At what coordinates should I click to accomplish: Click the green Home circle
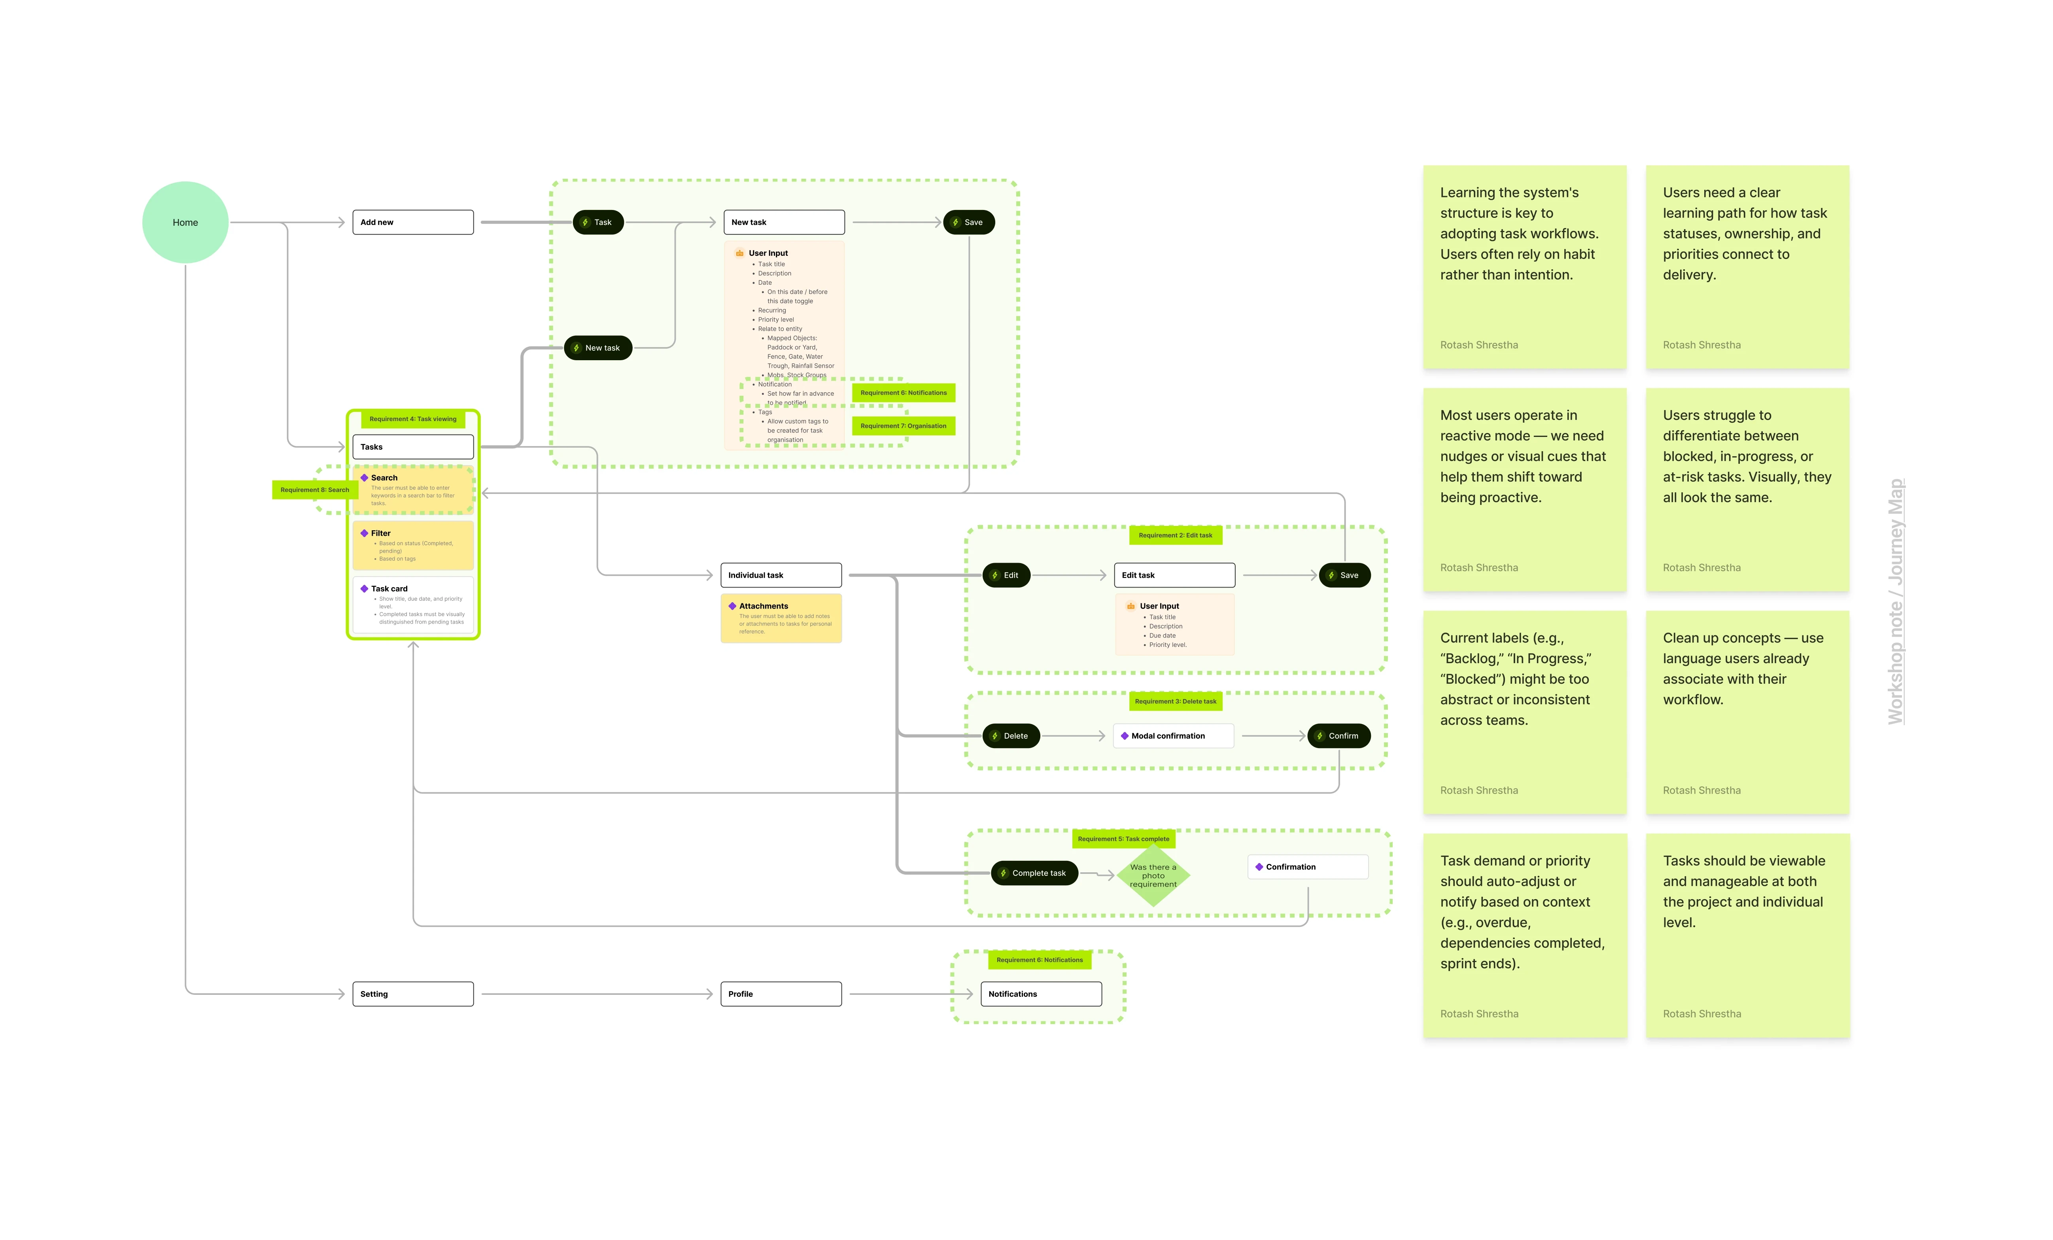point(185,223)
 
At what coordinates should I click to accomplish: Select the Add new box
point(412,223)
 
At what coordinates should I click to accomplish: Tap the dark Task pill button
point(598,223)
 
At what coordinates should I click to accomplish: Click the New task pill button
point(598,348)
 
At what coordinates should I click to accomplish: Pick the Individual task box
point(781,575)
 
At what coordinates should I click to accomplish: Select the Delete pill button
point(1011,736)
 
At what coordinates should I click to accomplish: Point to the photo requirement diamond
point(1153,875)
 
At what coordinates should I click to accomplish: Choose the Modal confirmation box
point(1173,736)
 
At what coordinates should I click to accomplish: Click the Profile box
point(781,994)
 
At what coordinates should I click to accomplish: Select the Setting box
point(412,994)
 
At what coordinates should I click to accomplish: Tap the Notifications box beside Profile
point(1041,994)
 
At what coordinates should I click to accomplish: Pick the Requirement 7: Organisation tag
point(903,426)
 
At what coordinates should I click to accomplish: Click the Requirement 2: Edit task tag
point(1175,535)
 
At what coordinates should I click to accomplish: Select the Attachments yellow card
point(781,618)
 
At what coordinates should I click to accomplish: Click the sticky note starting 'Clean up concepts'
point(1747,713)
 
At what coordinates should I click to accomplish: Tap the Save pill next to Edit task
point(1344,575)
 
